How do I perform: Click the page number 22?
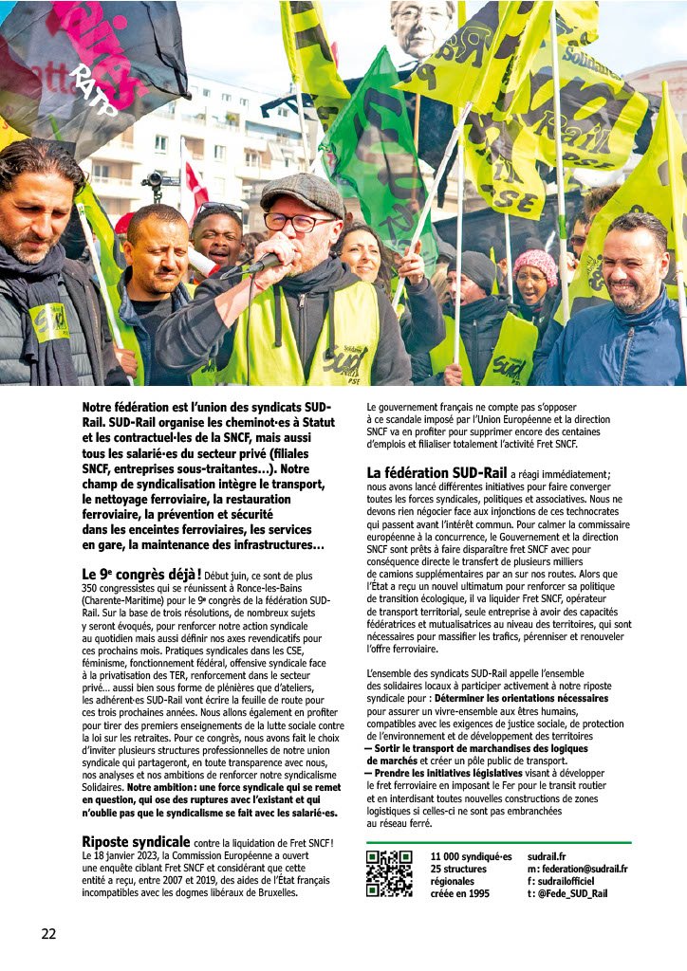coord(48,934)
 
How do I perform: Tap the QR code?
coord(389,873)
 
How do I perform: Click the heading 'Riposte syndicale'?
coord(135,841)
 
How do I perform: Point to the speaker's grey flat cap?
coord(302,193)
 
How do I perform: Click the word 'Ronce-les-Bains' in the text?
coord(245,588)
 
